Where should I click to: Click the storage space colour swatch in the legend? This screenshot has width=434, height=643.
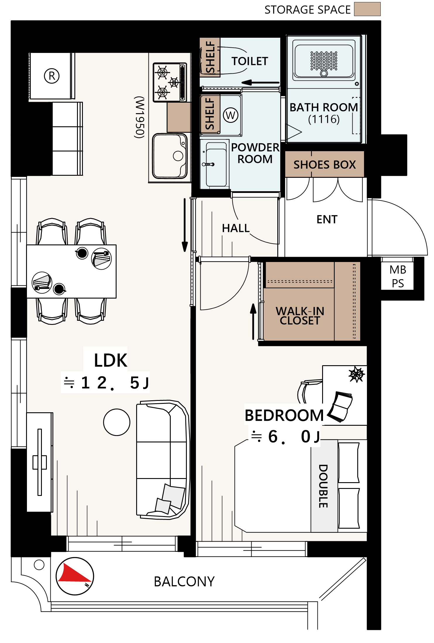pos(367,9)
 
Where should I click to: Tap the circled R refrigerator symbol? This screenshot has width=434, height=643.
pos(52,76)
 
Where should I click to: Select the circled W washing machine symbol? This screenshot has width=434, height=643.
pos(230,115)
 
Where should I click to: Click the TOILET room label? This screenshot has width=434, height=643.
pos(250,61)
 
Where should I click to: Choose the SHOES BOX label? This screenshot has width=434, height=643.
pos(324,165)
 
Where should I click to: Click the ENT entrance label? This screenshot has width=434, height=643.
pos(327,219)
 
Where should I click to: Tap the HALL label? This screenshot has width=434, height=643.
pos(236,228)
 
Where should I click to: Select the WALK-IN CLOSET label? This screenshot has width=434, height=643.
pos(300,316)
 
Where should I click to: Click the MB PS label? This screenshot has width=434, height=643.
pos(398,276)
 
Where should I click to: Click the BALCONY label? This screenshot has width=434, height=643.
pos(184,582)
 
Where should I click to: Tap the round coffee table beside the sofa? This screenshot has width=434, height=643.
pos(117,422)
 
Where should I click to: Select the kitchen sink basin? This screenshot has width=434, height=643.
pos(170,156)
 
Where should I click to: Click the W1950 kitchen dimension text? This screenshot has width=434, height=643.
pos(139,117)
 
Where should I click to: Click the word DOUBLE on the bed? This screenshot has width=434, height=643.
pos(323,486)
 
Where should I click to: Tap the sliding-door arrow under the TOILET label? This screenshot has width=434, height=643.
pos(260,82)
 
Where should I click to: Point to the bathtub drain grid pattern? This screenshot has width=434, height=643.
pos(324,61)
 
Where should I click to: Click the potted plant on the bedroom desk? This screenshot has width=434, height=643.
pos(356,374)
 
